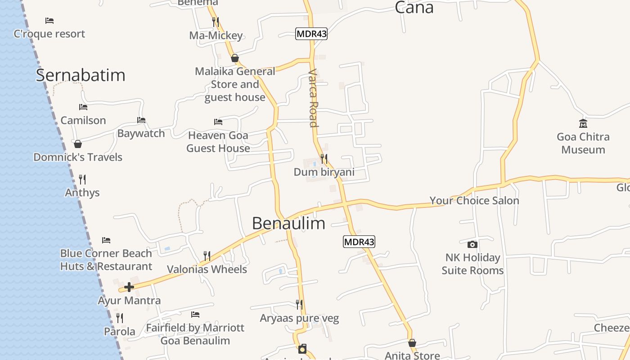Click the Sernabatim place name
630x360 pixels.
click(x=81, y=75)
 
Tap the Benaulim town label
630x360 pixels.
click(x=288, y=223)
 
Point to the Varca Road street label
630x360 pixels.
click(x=313, y=98)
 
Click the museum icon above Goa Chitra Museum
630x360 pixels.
click(x=583, y=123)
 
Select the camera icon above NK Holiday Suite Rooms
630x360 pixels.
click(x=472, y=244)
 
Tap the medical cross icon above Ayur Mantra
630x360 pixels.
click(x=129, y=287)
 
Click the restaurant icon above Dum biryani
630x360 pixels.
click(x=324, y=158)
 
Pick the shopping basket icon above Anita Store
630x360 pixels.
click(x=412, y=343)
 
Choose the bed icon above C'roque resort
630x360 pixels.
click(x=49, y=21)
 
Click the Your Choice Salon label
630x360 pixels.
click(x=474, y=201)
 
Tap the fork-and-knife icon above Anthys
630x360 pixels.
click(x=82, y=179)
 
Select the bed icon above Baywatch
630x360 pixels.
click(x=141, y=120)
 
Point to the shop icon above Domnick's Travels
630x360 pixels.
click(x=78, y=144)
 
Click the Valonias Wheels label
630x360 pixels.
click(x=207, y=269)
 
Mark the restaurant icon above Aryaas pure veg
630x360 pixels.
click(x=299, y=305)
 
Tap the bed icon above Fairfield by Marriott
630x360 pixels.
click(x=195, y=314)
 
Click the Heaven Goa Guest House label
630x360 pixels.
click(x=218, y=141)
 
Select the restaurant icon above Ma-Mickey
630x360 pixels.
click(x=216, y=22)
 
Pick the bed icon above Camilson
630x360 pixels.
click(x=83, y=107)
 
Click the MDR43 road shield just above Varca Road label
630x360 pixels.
click(x=311, y=34)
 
